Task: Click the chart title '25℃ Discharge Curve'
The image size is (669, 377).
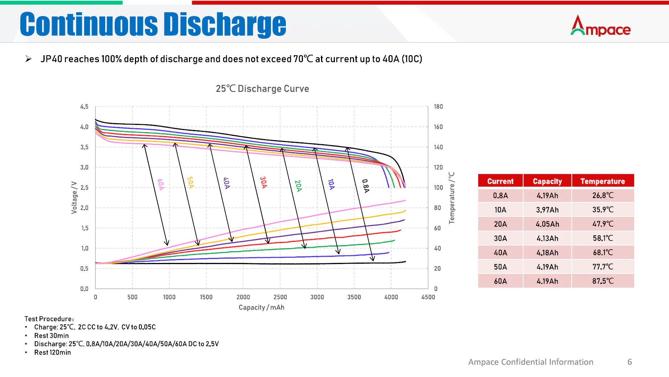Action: pos(262,89)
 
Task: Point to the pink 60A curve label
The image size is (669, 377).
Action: pos(160,184)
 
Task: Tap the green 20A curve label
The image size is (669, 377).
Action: pos(298,186)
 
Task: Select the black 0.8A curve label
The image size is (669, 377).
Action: pos(366,186)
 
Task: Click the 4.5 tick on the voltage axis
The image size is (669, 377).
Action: pos(84,107)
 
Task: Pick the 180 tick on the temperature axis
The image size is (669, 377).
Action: pos(438,107)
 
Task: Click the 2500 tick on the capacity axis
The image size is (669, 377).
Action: pos(280,297)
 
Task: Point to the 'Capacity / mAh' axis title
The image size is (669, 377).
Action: pos(261,307)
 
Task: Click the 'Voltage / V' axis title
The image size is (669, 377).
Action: pos(74,197)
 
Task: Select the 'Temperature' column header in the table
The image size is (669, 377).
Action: pos(603,181)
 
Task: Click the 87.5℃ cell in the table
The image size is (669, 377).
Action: pos(603,281)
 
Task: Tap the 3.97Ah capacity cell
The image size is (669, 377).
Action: pos(547,210)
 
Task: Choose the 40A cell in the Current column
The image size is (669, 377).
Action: pos(500,253)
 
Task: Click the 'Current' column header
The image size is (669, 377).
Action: pos(500,181)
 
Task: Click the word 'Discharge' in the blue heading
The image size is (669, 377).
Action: pos(225,25)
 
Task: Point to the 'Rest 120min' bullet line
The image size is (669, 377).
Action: pos(53,352)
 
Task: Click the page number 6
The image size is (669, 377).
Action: pos(630,362)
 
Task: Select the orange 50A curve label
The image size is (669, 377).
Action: pos(190,182)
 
